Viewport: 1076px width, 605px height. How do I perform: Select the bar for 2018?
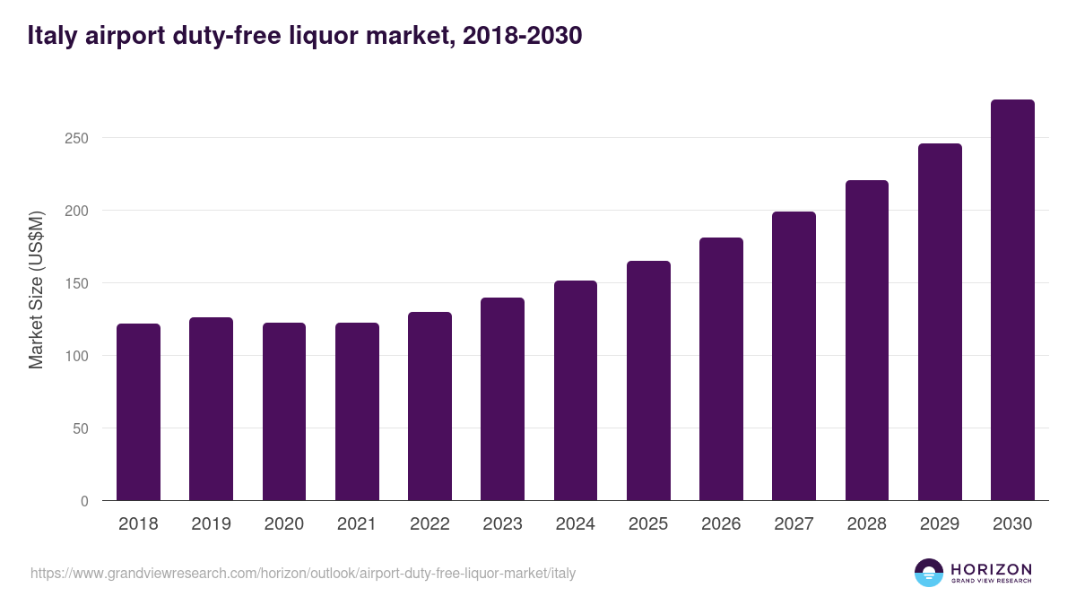pyautogui.click(x=138, y=412)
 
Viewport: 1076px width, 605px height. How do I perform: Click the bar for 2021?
pyautogui.click(x=357, y=412)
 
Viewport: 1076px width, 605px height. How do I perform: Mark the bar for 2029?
pyautogui.click(x=940, y=323)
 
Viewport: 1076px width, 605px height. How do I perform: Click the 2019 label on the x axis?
pyautogui.click(x=211, y=524)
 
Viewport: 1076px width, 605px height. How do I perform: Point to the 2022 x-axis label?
pyautogui.click(x=430, y=524)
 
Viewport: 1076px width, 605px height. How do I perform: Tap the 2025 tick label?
pyautogui.click(x=648, y=524)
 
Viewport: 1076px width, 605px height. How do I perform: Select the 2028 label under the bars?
pyautogui.click(x=866, y=524)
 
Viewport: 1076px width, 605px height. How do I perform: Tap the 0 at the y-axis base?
pyautogui.click(x=84, y=501)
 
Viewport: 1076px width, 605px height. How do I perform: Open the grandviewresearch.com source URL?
pyautogui.click(x=303, y=573)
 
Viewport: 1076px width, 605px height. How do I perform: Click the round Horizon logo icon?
pyautogui.click(x=929, y=573)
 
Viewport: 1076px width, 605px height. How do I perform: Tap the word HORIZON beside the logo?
pyautogui.click(x=991, y=569)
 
